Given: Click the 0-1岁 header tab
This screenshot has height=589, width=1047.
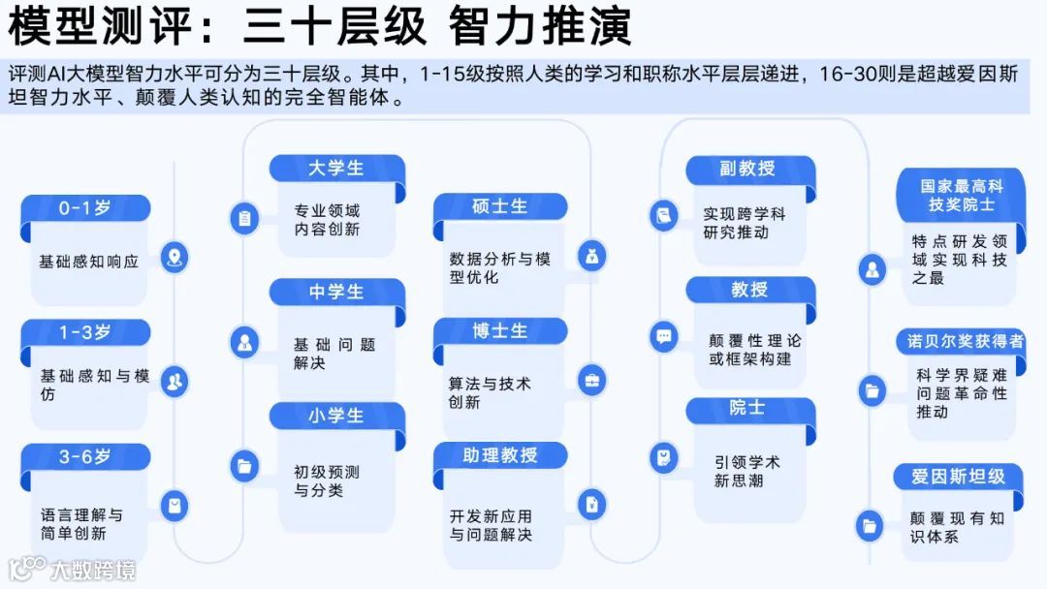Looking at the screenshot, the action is (x=85, y=208).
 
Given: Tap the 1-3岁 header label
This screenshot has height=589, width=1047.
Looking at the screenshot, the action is (x=85, y=332).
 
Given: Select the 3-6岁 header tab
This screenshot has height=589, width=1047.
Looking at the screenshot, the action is (x=85, y=456).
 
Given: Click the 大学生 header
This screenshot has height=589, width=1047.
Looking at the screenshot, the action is (x=336, y=168).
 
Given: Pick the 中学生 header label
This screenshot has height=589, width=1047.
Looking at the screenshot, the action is (x=336, y=292).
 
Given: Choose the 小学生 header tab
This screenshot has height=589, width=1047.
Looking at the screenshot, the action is (x=336, y=416).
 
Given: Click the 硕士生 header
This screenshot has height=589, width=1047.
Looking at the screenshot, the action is (x=499, y=206).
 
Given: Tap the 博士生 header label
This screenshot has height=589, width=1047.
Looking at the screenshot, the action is (x=499, y=330).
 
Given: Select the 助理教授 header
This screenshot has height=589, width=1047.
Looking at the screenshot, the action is (x=499, y=454).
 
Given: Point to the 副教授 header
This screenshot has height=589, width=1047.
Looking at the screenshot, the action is (x=747, y=169).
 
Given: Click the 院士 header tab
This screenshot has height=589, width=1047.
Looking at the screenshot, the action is (x=747, y=409).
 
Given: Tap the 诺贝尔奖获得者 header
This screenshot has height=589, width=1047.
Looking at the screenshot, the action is (x=965, y=341).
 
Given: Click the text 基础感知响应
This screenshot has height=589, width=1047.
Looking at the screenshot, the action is (x=88, y=262).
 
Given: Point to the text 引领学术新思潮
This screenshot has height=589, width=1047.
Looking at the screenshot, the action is (x=746, y=471).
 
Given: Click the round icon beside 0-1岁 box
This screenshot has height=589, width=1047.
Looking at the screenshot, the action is (x=174, y=258).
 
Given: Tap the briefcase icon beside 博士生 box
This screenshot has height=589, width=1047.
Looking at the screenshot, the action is (x=590, y=380).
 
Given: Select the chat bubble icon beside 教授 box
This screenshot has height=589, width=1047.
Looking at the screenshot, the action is (x=664, y=337).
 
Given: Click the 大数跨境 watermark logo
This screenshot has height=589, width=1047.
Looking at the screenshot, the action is (x=72, y=569).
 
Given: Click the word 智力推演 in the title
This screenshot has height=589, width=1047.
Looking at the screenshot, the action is (x=540, y=26).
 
